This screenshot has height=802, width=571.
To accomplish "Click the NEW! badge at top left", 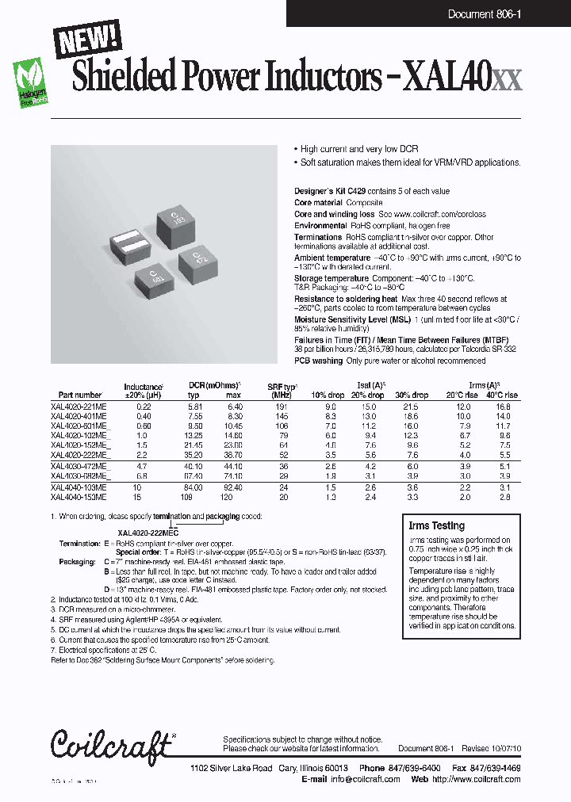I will (86, 39).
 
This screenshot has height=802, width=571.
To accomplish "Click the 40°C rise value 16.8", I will (503, 406).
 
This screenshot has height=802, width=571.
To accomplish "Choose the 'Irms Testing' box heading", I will (436, 525).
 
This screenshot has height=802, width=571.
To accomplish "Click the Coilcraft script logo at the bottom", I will (110, 746).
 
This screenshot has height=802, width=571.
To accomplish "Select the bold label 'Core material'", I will (320, 203).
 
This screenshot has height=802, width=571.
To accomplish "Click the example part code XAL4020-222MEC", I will (148, 533).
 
